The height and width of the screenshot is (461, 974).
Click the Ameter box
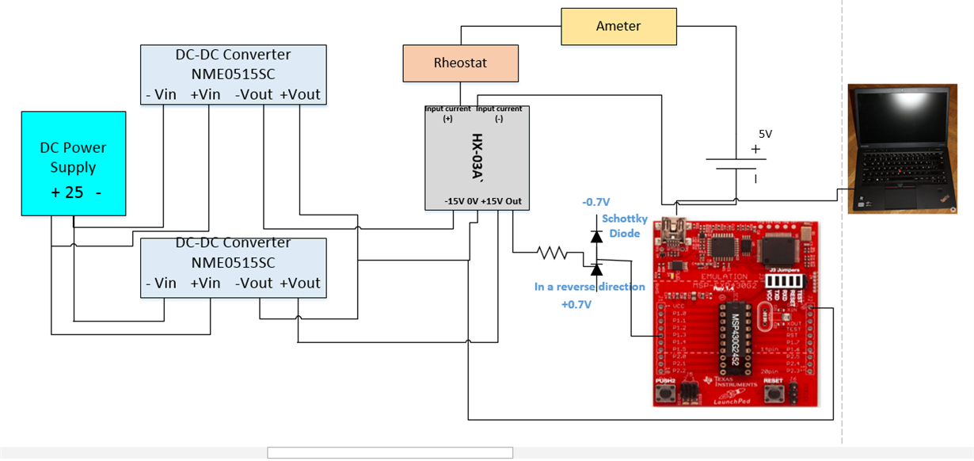(618, 26)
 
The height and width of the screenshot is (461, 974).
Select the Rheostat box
(460, 63)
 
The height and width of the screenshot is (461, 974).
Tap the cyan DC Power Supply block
(73, 162)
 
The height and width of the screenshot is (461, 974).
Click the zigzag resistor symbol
(552, 253)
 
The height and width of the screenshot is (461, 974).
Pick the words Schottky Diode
(625, 226)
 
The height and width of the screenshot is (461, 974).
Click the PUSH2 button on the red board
(668, 393)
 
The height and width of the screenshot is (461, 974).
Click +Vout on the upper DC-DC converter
(300, 94)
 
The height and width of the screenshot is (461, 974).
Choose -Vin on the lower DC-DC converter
(161, 283)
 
